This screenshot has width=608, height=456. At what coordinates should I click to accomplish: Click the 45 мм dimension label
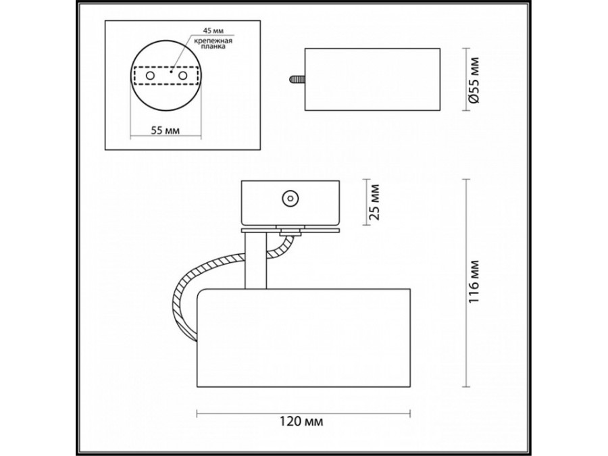[213, 30]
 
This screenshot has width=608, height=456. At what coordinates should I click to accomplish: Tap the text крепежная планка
[213, 44]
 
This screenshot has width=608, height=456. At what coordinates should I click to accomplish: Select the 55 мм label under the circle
[166, 130]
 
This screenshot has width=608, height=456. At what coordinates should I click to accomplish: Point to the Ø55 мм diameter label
[474, 80]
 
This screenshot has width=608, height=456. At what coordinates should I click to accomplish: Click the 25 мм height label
[374, 203]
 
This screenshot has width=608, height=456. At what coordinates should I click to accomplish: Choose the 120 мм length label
[301, 421]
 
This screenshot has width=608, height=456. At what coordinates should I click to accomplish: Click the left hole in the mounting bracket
[150, 76]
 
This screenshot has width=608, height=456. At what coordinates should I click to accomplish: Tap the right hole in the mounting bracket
[182, 76]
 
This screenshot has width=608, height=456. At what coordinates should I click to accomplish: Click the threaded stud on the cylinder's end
[297, 79]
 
